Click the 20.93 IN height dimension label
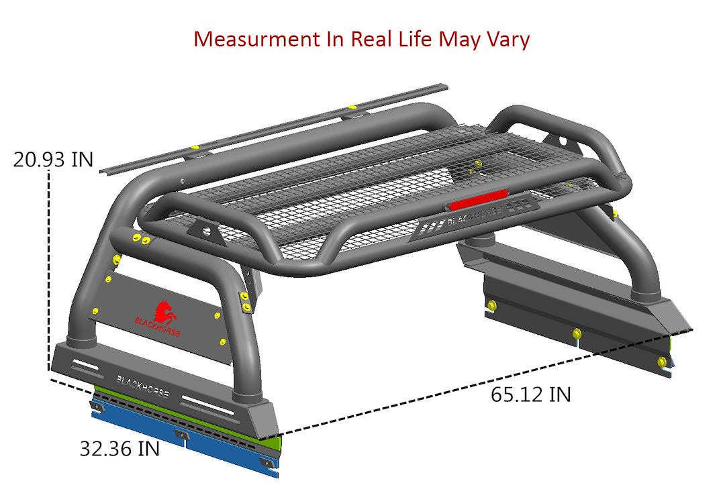(53, 160)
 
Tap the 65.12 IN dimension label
(530, 394)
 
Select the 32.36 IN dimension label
(119, 448)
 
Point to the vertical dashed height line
(49, 268)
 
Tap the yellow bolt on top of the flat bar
(351, 108)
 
